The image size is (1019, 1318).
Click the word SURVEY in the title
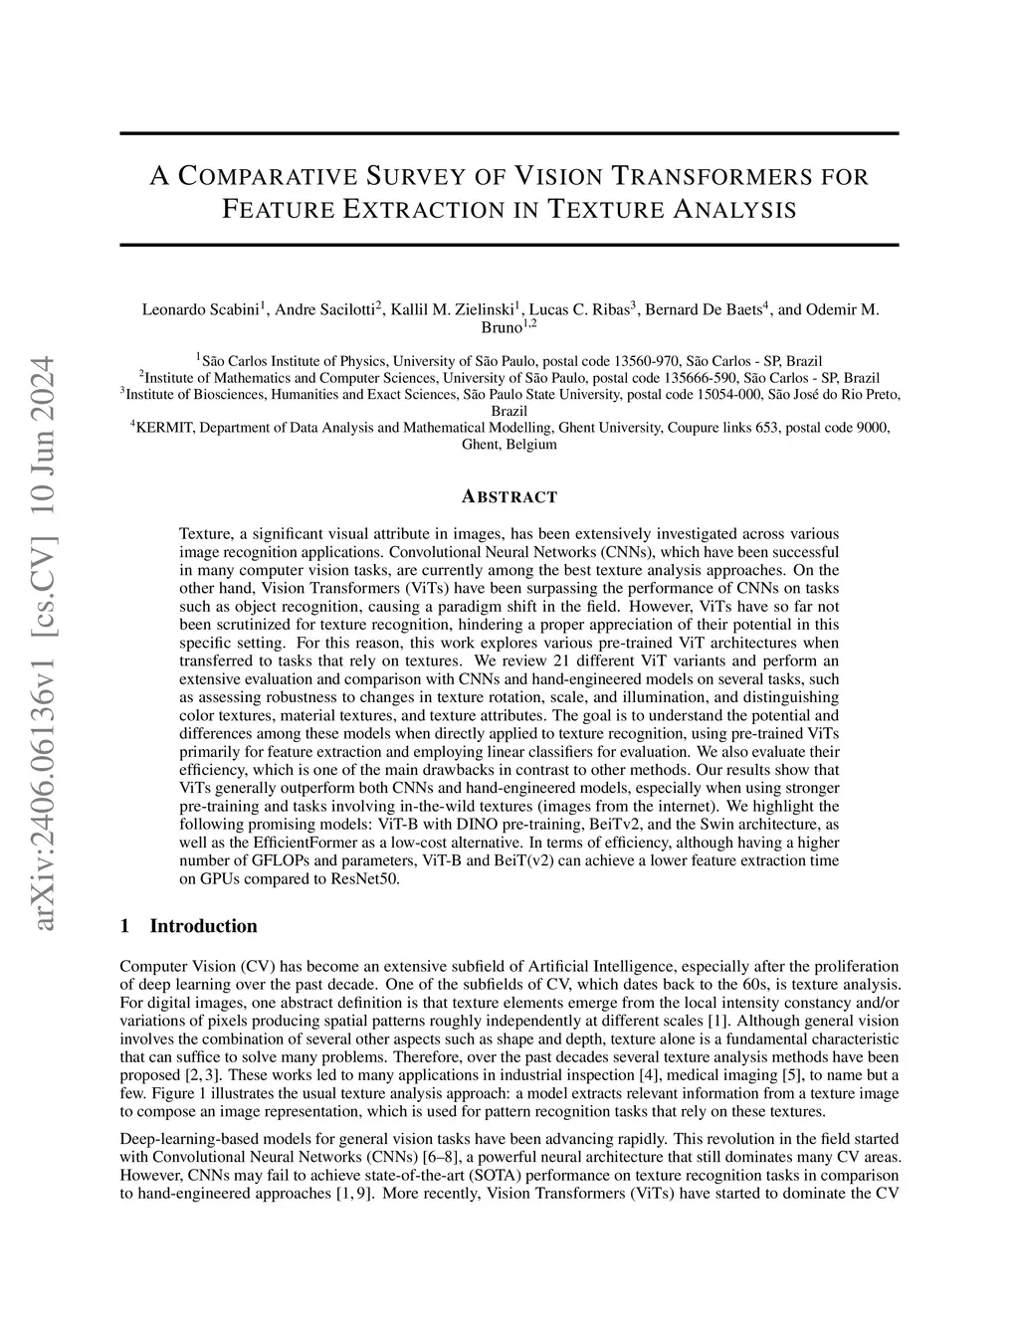pos(412,177)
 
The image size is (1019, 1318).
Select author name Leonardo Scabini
pos(199,309)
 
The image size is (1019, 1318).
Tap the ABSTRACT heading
pos(509,497)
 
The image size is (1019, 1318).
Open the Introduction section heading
pos(203,926)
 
